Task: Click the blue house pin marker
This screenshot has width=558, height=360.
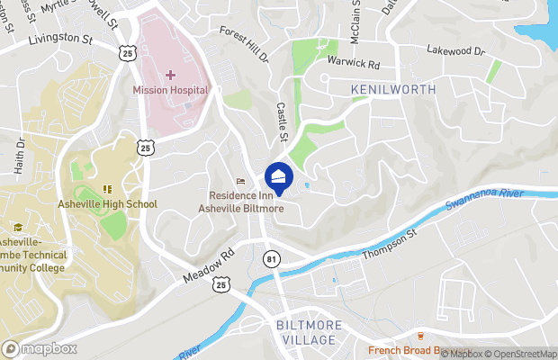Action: click(278, 177)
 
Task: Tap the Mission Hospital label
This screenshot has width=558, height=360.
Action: click(170, 90)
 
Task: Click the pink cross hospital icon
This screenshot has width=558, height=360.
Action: click(170, 74)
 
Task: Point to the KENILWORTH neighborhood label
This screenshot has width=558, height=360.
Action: click(393, 90)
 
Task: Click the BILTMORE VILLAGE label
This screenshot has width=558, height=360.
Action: click(300, 332)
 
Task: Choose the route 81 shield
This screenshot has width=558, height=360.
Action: click(272, 258)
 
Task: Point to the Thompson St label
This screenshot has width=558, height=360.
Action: click(391, 244)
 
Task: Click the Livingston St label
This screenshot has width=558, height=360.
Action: click(60, 40)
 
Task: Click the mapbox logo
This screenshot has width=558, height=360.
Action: click(39, 349)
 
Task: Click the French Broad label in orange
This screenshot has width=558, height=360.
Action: click(405, 350)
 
